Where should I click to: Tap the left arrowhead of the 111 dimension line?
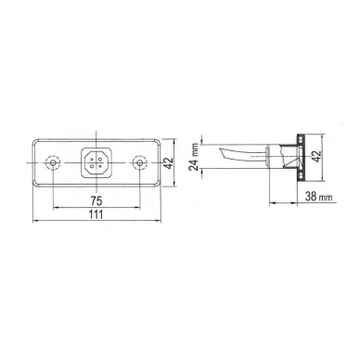[34, 222]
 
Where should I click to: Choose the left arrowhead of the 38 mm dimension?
[271, 202]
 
